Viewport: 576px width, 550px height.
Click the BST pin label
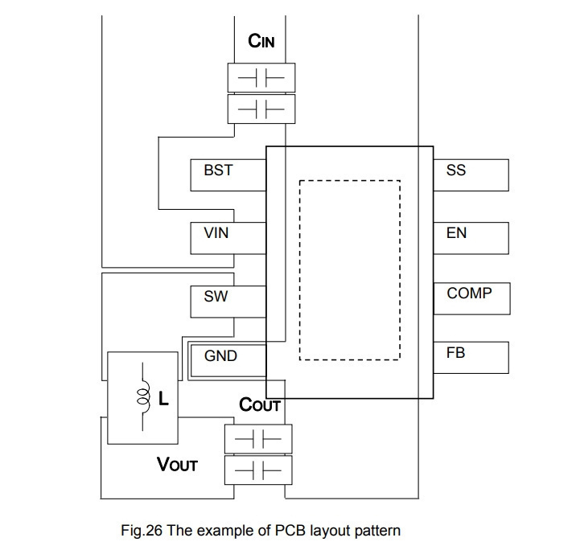point(218,170)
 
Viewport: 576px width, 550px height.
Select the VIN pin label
point(216,233)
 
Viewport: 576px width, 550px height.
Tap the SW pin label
point(216,296)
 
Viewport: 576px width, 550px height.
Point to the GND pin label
point(220,355)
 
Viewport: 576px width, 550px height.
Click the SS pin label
point(456,170)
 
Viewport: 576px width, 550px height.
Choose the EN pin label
point(456,233)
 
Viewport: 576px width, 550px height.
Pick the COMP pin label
point(469,293)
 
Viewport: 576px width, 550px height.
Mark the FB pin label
point(455,353)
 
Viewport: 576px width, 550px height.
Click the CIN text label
point(261,41)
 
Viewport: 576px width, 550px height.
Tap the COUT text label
point(260,404)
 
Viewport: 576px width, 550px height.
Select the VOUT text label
point(177,465)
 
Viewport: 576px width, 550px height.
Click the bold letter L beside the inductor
point(163,398)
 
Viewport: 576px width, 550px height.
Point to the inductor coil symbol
point(143,396)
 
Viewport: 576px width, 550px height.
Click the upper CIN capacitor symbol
point(261,78)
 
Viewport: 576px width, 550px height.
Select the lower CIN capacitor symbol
point(261,109)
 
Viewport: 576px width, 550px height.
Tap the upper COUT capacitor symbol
point(258,439)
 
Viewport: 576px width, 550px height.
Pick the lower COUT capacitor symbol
point(258,470)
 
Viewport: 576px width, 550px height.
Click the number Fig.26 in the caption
point(142,531)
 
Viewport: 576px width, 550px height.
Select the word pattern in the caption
point(377,532)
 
